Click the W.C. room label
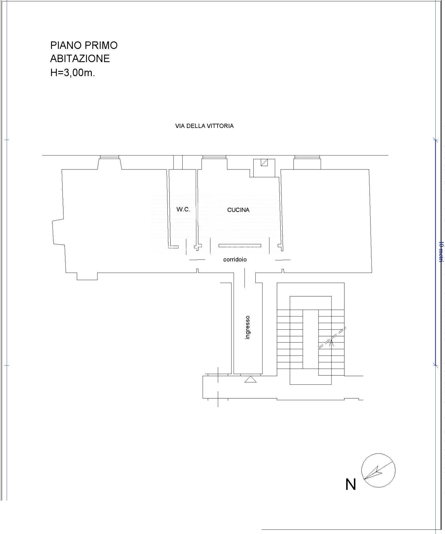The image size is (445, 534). click(183, 209)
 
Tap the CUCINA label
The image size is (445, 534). click(238, 210)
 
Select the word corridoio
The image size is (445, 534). click(235, 259)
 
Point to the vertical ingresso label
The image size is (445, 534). click(248, 327)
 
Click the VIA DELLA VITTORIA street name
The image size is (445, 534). click(204, 126)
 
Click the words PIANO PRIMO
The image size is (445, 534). click(84, 45)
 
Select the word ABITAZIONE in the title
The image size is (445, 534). click(80, 58)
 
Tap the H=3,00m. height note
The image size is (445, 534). click(72, 72)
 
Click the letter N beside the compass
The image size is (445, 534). click(351, 484)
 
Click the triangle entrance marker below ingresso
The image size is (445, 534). click(250, 379)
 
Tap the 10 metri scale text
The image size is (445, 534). click(441, 251)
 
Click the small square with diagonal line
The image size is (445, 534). click(264, 163)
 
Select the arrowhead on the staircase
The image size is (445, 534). click(331, 342)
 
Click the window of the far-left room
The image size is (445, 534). click(109, 157)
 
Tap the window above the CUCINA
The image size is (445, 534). click(214, 157)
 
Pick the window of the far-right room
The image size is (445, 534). click(307, 157)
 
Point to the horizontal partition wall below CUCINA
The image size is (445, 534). click(240, 245)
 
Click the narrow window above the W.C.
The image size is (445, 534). click(178, 162)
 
